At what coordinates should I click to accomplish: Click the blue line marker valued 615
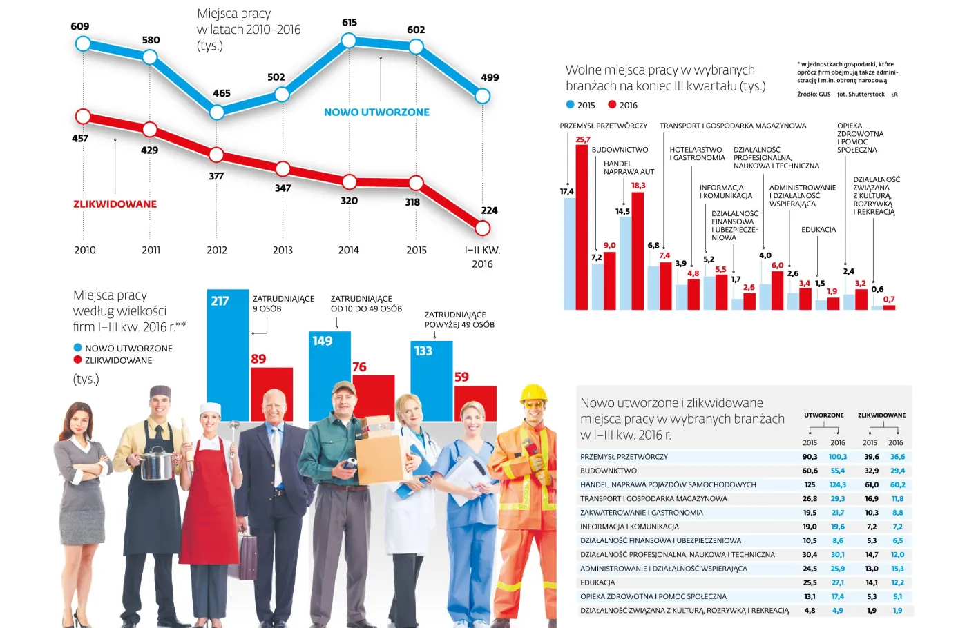pyautogui.click(x=349, y=41)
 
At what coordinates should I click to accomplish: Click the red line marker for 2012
pyautogui.click(x=216, y=155)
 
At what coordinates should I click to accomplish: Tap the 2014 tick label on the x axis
pyautogui.click(x=348, y=250)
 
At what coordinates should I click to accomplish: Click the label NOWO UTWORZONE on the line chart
pyautogui.click(x=376, y=112)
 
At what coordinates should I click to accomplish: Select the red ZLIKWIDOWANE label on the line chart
pyautogui.click(x=115, y=204)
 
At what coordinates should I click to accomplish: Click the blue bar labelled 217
pyautogui.click(x=227, y=355)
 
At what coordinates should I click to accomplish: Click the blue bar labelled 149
pyautogui.click(x=329, y=376)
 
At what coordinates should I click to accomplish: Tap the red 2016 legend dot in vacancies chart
pyautogui.click(x=612, y=105)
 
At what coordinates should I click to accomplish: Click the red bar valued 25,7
pyautogui.click(x=582, y=228)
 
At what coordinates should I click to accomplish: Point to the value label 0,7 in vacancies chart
pyautogui.click(x=889, y=300)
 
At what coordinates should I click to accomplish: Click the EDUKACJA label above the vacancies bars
pyautogui.click(x=818, y=230)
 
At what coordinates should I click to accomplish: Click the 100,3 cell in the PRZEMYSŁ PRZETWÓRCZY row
pyautogui.click(x=837, y=457)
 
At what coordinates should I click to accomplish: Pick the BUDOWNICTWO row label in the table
pyautogui.click(x=609, y=471)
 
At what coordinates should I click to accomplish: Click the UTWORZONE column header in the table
pyautogui.click(x=823, y=415)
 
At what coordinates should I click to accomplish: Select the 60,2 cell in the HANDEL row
pyautogui.click(x=897, y=485)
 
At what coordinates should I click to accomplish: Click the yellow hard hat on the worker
pyautogui.click(x=533, y=395)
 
